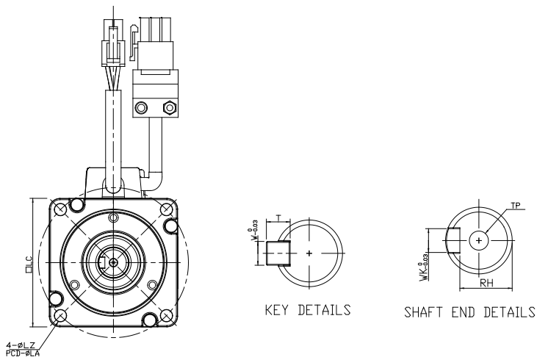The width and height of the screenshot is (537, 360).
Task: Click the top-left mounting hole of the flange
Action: click(60, 209)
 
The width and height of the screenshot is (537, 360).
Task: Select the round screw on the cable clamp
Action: click(140, 108)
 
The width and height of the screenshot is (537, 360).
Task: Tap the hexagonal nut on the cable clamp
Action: click(170, 108)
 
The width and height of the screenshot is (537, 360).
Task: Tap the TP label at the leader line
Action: click(519, 209)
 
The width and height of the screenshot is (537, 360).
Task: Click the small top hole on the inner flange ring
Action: click(112, 217)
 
